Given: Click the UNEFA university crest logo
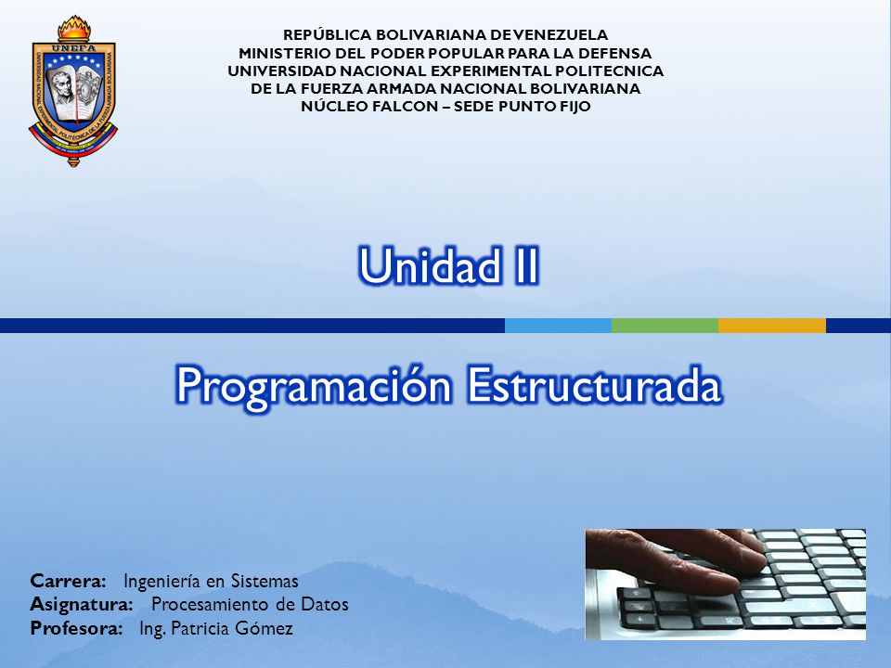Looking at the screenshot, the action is click(x=73, y=92).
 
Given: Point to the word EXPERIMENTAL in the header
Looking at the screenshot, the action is click(x=489, y=71).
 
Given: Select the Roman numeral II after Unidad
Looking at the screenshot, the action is click(x=524, y=265).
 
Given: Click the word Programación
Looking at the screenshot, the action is click(x=313, y=386).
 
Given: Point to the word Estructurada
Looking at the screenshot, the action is click(x=594, y=384).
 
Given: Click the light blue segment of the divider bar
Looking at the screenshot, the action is click(x=558, y=326).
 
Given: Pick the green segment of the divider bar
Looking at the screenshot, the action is click(x=665, y=326).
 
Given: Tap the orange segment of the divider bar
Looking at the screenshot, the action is click(x=772, y=326).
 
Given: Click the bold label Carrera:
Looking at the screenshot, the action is click(x=68, y=581).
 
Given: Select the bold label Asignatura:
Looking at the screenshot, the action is click(x=82, y=604).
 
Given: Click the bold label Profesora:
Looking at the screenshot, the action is click(x=76, y=628).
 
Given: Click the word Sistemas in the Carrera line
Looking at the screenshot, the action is click(x=265, y=581).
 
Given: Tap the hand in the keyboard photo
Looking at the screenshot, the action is click(x=670, y=559).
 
